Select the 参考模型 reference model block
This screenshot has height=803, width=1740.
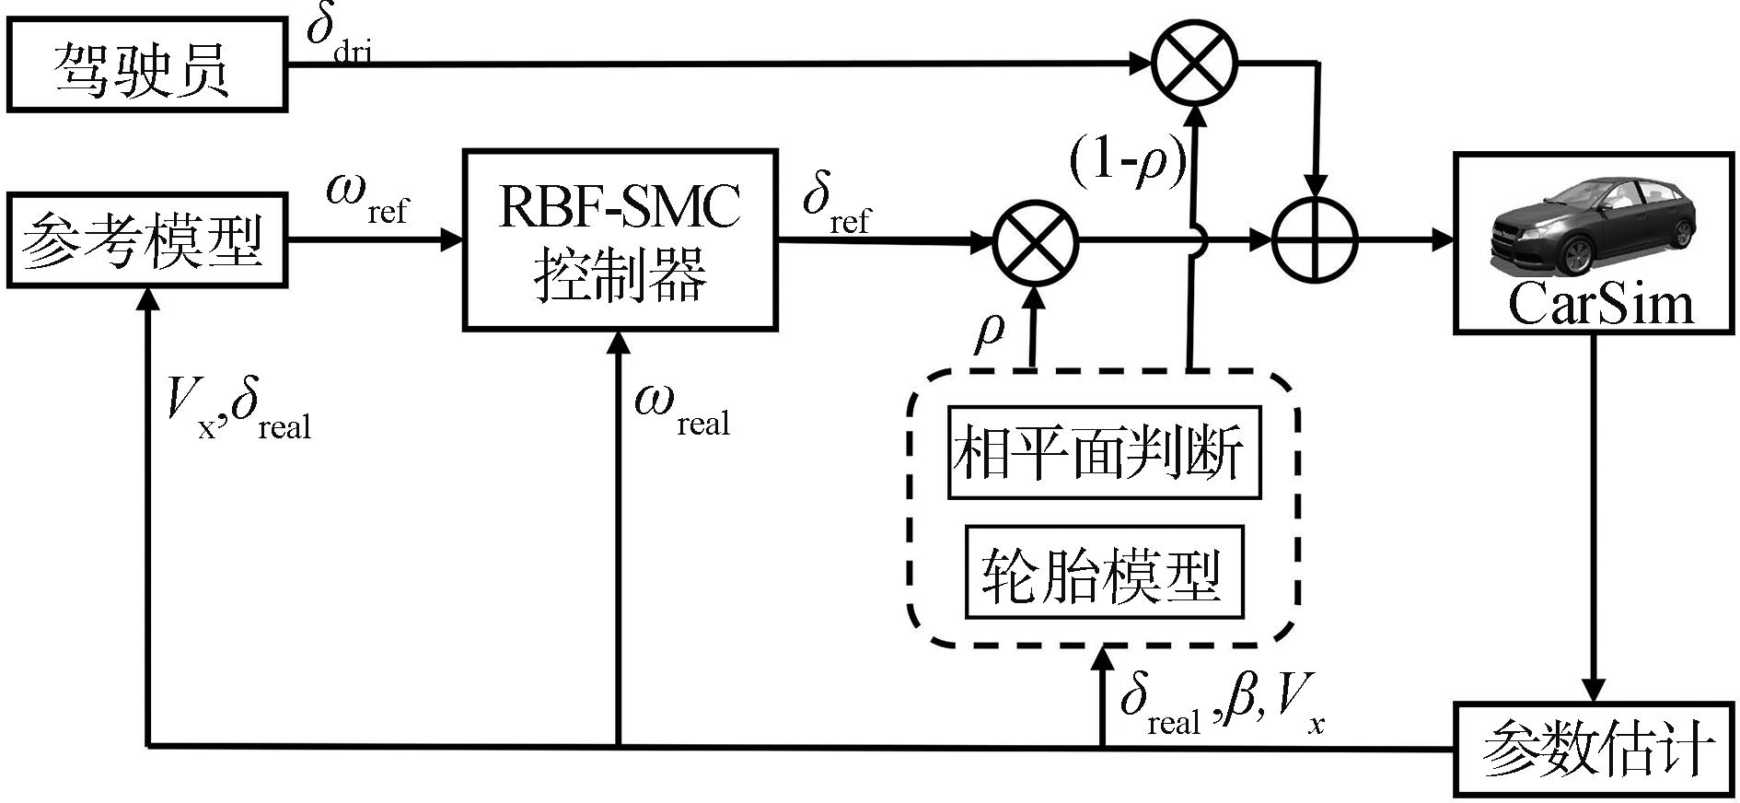(146, 240)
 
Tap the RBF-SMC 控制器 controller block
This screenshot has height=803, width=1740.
(619, 240)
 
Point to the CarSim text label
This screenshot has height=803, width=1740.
(1600, 303)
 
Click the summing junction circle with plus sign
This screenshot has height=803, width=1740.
(1316, 241)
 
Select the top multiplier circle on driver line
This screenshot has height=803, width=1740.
(1195, 64)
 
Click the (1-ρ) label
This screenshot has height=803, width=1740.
(1127, 164)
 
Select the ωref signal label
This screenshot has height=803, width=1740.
(366, 198)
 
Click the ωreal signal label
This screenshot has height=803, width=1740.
(681, 410)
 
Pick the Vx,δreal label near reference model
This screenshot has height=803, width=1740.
(238, 410)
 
